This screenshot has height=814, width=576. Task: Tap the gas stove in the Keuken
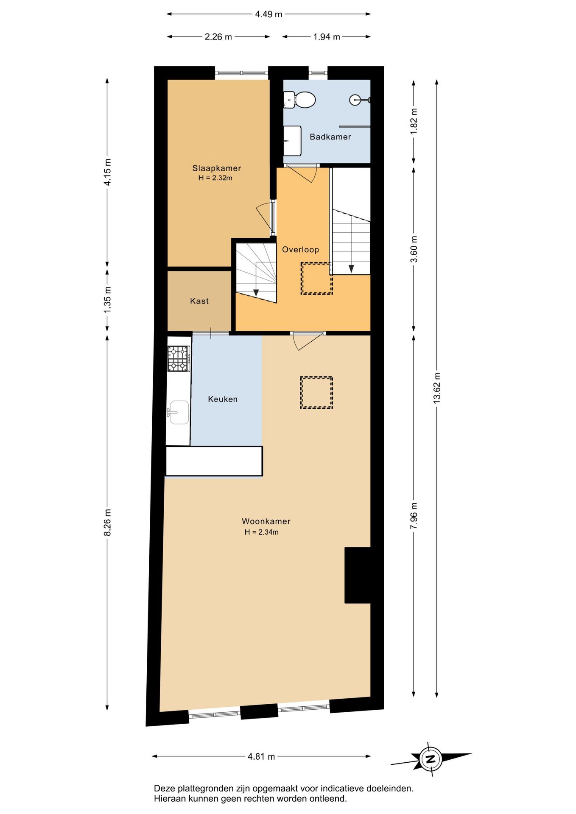pyautogui.click(x=179, y=359)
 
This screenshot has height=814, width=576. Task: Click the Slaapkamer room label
pyautogui.click(x=217, y=168)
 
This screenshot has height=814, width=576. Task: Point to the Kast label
pyautogui.click(x=199, y=301)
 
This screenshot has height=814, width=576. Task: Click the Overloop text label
pyautogui.click(x=300, y=250)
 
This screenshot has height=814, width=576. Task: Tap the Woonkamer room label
pyautogui.click(x=266, y=521)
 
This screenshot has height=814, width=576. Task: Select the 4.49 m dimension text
pyautogui.click(x=268, y=14)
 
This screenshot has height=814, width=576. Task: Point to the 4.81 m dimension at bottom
pyautogui.click(x=261, y=756)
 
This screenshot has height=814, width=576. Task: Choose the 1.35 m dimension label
pyautogui.click(x=107, y=300)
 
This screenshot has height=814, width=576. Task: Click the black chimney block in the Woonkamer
pyautogui.click(x=358, y=575)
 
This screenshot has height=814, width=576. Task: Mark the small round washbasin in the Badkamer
pyautogui.click(x=356, y=100)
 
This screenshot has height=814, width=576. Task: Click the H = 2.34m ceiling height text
pyautogui.click(x=261, y=532)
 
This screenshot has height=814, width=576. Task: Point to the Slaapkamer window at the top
pyautogui.click(x=242, y=73)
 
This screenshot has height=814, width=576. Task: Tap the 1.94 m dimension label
pyautogui.click(x=327, y=37)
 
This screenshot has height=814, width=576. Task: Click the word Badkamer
pyautogui.click(x=330, y=137)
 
